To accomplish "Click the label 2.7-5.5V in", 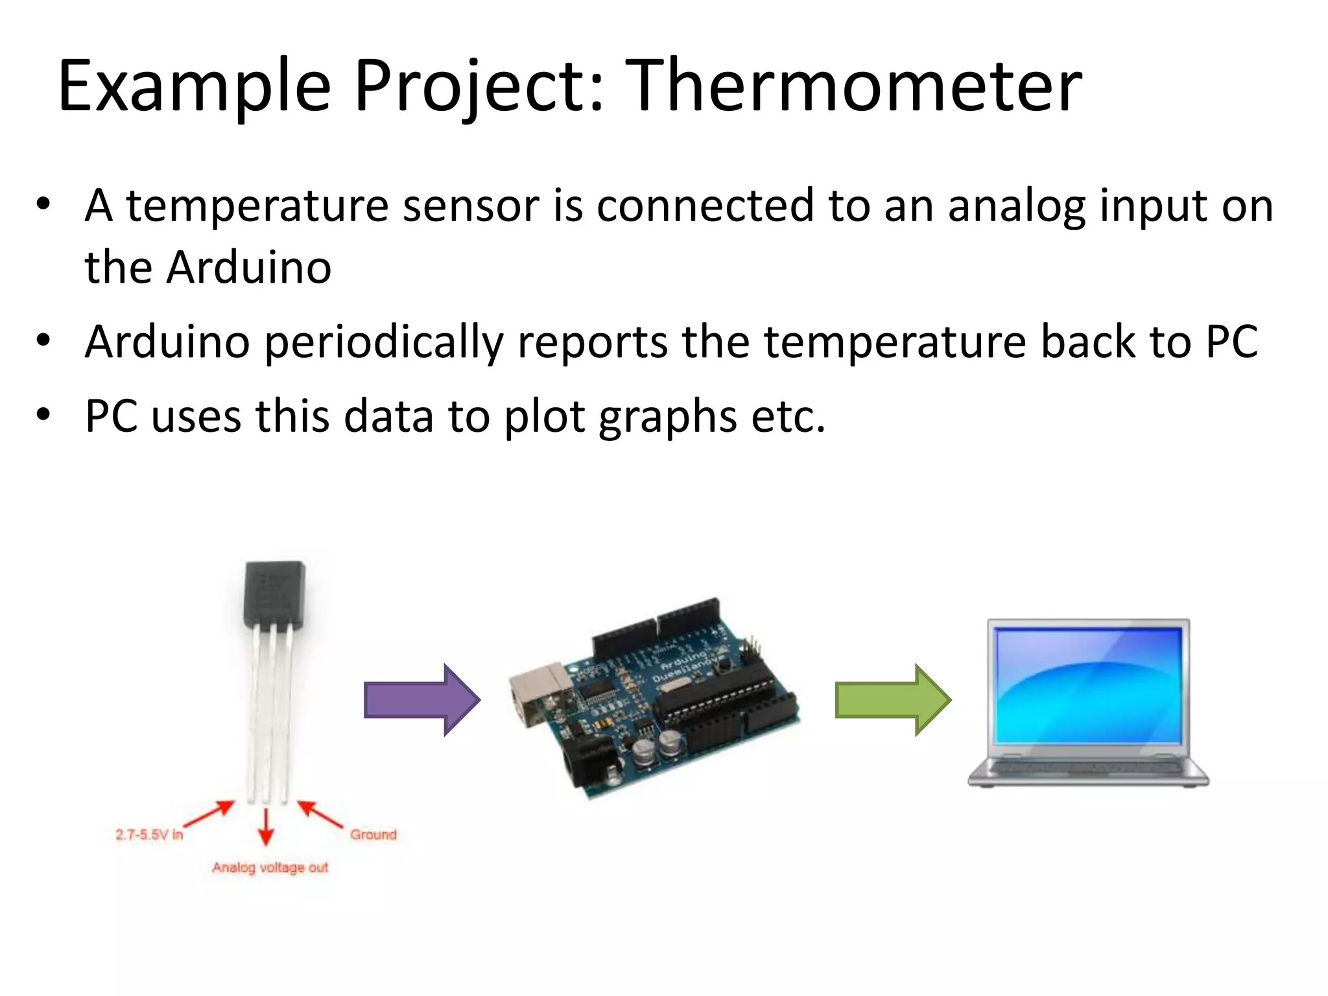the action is pos(149,835).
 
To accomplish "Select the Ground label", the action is pos(373,835).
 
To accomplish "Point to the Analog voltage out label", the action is pos(270,868).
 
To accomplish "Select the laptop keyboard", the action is pos(1087,768).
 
